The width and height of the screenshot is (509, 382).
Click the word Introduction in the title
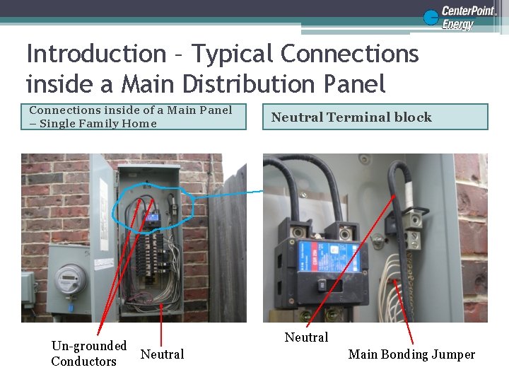coord(95,54)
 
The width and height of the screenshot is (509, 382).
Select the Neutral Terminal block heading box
coord(379,117)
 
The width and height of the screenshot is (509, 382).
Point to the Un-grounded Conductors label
coord(88,354)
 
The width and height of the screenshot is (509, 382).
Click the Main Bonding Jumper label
coord(411,354)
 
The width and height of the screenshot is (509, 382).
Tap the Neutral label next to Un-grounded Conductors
coord(162,354)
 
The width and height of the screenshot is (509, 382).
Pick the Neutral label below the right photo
coord(306,337)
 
